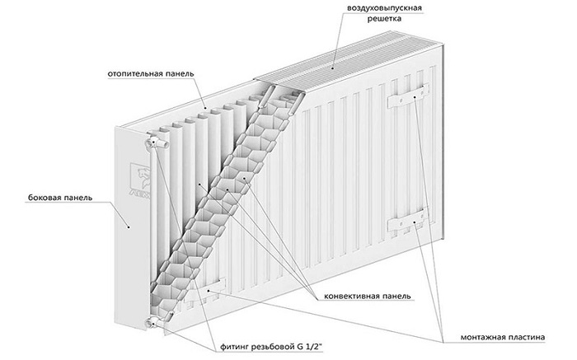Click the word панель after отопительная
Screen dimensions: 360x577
tap(180, 73)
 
